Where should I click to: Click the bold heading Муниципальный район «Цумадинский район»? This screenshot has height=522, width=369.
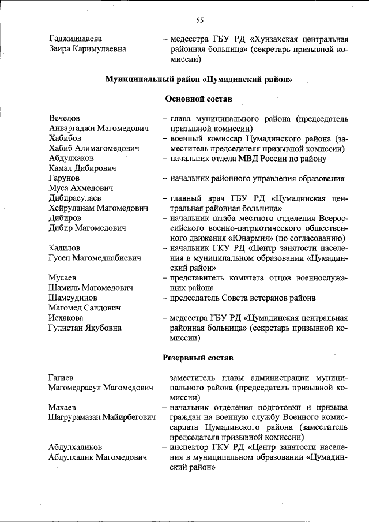199,79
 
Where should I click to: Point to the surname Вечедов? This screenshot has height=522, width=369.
65,118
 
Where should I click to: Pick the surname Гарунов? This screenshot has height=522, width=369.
65,178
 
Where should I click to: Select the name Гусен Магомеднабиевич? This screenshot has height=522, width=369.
95,258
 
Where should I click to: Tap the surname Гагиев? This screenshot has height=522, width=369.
64,377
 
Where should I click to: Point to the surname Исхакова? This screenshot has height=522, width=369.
66,318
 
